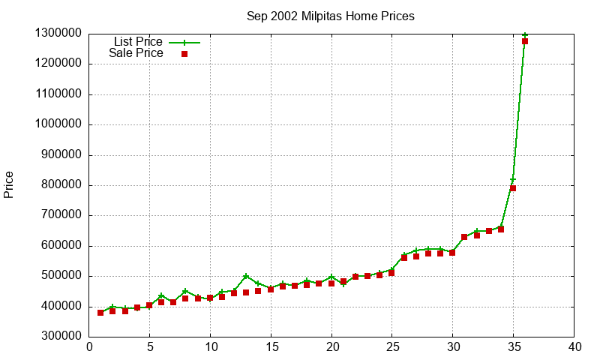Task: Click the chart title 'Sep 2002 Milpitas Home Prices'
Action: coord(331,16)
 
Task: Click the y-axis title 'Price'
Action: coord(9,184)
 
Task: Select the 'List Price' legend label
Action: coord(138,42)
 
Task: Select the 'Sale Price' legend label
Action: coord(136,53)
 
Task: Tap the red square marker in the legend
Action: coord(184,54)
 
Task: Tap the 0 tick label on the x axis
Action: coord(89,347)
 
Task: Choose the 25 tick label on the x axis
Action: coord(392,347)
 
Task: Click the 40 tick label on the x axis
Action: coord(574,347)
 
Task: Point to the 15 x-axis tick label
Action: coord(271,347)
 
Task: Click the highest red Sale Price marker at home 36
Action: coord(525,41)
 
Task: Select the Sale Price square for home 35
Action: coord(513,188)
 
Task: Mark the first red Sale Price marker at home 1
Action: coord(100,313)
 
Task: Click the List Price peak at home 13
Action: coord(246,276)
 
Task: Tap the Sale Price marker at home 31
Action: coord(464,237)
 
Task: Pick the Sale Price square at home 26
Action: coord(404,258)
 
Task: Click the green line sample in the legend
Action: coord(184,43)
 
